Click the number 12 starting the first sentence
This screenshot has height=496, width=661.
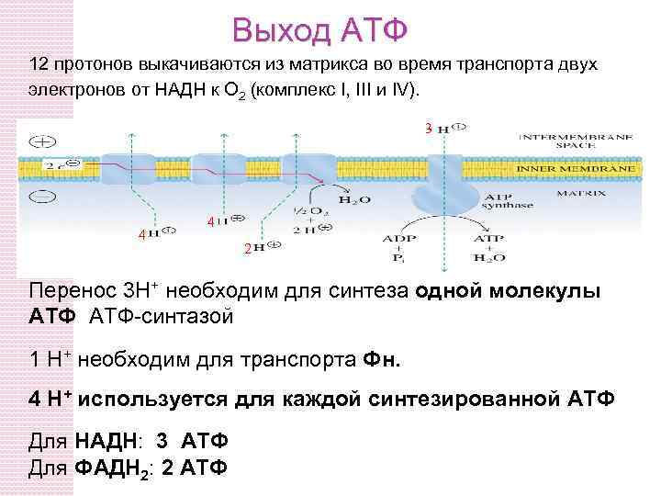pyautogui.click(x=39, y=66)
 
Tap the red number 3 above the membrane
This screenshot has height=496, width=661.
pyautogui.click(x=428, y=128)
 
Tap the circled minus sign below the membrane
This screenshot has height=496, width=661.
pyautogui.click(x=41, y=195)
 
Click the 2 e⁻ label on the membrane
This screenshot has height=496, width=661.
pyautogui.click(x=54, y=166)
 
